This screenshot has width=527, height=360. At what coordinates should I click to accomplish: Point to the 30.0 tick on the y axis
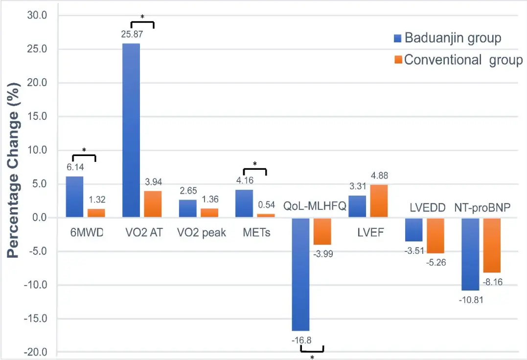point(37,16)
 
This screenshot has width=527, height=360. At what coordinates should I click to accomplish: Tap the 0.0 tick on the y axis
point(39,218)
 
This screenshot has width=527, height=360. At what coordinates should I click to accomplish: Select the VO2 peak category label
point(202,233)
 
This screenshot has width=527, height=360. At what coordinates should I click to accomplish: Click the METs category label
point(256,233)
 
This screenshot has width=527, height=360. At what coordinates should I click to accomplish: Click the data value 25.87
point(131,35)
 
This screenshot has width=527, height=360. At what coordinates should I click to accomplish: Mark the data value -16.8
point(300,339)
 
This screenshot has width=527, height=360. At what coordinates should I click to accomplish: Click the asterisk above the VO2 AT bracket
point(142,17)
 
